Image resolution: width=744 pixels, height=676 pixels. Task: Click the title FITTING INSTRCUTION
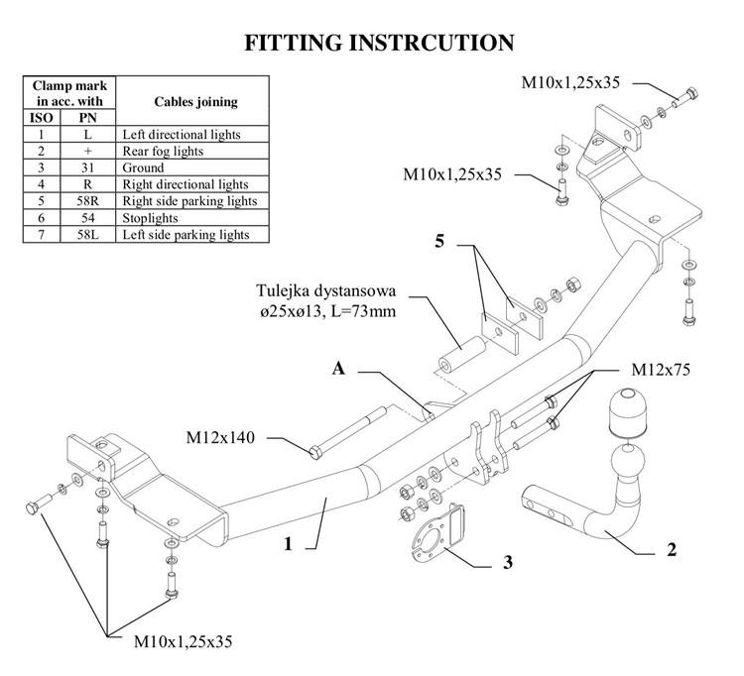[x=379, y=43]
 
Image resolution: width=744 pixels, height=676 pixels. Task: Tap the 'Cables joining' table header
[x=196, y=101]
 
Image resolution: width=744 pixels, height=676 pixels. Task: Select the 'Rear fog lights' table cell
[x=163, y=152]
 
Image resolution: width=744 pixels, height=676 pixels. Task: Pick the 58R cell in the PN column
[x=88, y=201]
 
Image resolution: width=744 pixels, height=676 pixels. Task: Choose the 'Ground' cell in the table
[x=143, y=168]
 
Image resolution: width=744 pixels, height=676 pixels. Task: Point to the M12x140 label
[x=220, y=437]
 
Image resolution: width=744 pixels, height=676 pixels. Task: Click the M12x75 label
[x=661, y=370]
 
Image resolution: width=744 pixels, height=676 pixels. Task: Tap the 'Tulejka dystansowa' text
[x=326, y=290]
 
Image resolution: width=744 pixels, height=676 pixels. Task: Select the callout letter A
[x=338, y=369]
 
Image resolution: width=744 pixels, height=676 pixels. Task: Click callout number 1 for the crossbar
[x=288, y=544]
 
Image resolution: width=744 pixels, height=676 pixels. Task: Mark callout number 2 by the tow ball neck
[x=672, y=550]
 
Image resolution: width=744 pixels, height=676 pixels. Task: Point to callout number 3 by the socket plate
[x=508, y=562]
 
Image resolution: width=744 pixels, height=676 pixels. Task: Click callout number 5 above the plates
[x=439, y=241]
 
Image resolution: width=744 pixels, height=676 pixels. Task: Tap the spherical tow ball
[x=628, y=460]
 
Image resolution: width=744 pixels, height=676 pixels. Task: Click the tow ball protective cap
[x=627, y=413]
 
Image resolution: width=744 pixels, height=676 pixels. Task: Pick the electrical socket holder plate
[x=437, y=532]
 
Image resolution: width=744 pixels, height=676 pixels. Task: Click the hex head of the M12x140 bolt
[x=315, y=452]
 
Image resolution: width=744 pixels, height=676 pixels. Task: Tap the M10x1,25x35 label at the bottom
[x=184, y=642]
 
